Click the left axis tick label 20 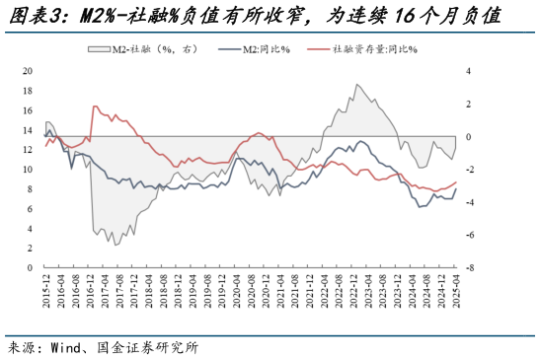pos(27,71)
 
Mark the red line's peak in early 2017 pos(94,107)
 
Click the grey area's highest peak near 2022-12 pos(357,85)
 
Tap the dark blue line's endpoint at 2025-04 pos(455,189)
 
